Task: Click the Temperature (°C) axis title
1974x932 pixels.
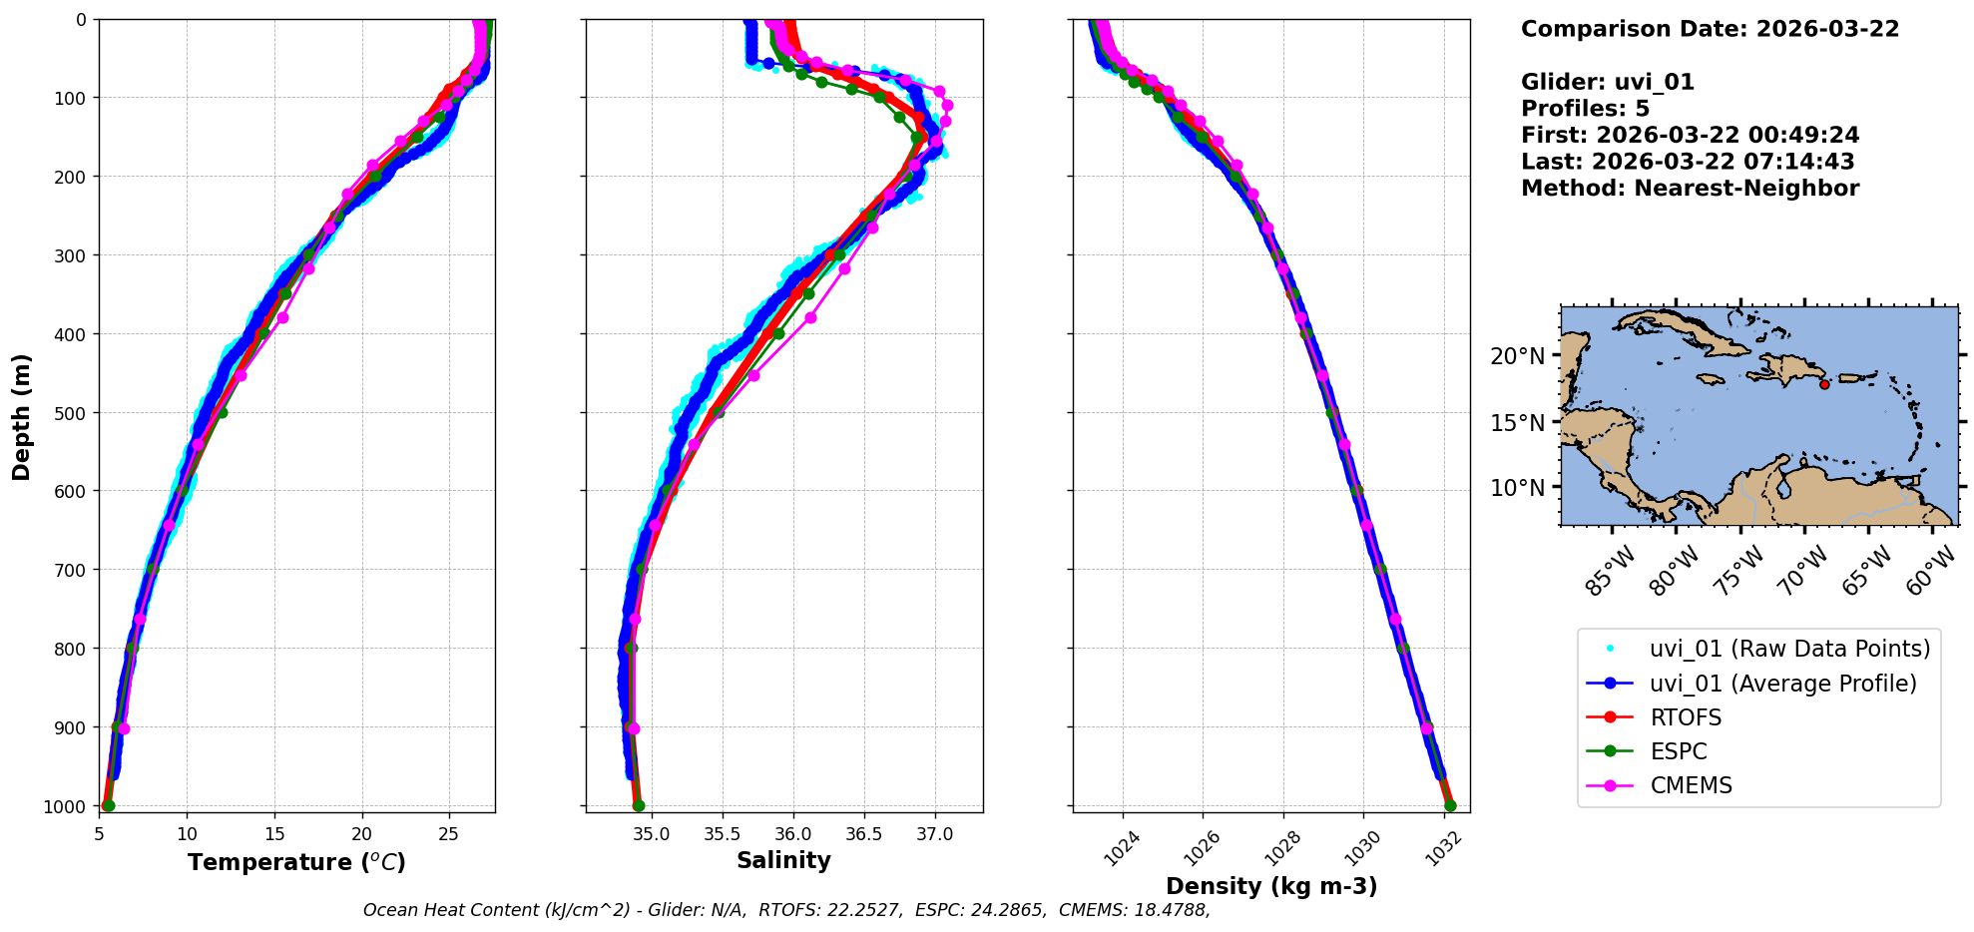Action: click(296, 862)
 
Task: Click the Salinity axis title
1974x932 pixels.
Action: click(783, 860)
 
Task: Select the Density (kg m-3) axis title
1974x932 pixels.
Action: click(1271, 886)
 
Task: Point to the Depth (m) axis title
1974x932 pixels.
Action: click(21, 416)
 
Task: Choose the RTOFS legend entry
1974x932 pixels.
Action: click(1686, 717)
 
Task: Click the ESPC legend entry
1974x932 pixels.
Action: click(1679, 751)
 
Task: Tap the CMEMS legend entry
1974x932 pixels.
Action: click(1691, 785)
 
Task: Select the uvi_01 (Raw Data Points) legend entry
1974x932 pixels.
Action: click(1789, 649)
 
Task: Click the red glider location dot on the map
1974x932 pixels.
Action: click(1824, 384)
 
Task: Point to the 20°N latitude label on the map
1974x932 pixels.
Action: click(1517, 356)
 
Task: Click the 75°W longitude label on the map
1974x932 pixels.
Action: click(1738, 572)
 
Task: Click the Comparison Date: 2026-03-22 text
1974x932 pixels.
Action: click(1710, 29)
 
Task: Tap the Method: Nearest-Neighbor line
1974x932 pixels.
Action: click(1690, 189)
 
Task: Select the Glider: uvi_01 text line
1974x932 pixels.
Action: click(1607, 83)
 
